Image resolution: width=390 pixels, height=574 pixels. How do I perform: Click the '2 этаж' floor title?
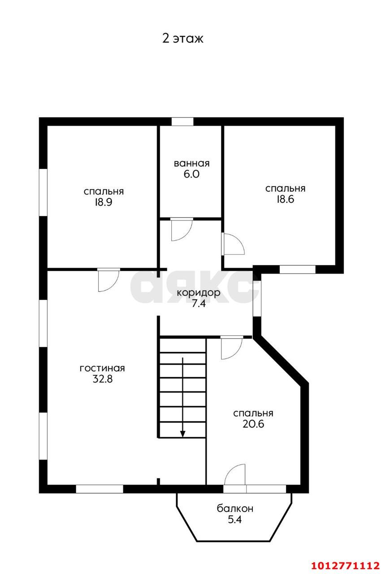tap(183, 39)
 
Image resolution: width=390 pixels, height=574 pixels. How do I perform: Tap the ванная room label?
tap(192, 163)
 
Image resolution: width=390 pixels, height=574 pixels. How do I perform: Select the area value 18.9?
tap(104, 202)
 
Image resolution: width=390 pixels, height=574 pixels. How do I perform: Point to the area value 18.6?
tap(285, 199)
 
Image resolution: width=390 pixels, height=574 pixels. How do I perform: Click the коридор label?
tap(199, 293)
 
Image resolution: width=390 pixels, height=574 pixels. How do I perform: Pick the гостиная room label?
tap(102, 369)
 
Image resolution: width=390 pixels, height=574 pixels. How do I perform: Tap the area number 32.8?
tap(103, 379)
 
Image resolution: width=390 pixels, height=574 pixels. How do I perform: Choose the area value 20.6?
tap(253, 424)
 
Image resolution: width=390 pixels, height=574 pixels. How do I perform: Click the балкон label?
tap(235, 509)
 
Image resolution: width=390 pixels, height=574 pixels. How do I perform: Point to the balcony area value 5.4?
tap(235, 519)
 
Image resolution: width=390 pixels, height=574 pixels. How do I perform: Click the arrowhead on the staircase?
tap(183, 434)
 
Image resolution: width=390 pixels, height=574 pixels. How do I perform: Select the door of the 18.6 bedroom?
tap(233, 244)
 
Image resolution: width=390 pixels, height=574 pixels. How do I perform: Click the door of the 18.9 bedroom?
tap(108, 280)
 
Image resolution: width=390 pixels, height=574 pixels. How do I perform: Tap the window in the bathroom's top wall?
tap(182, 122)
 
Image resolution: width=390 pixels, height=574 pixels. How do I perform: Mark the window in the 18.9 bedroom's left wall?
tap(43, 192)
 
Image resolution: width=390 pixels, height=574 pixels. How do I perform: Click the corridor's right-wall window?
tap(257, 299)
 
